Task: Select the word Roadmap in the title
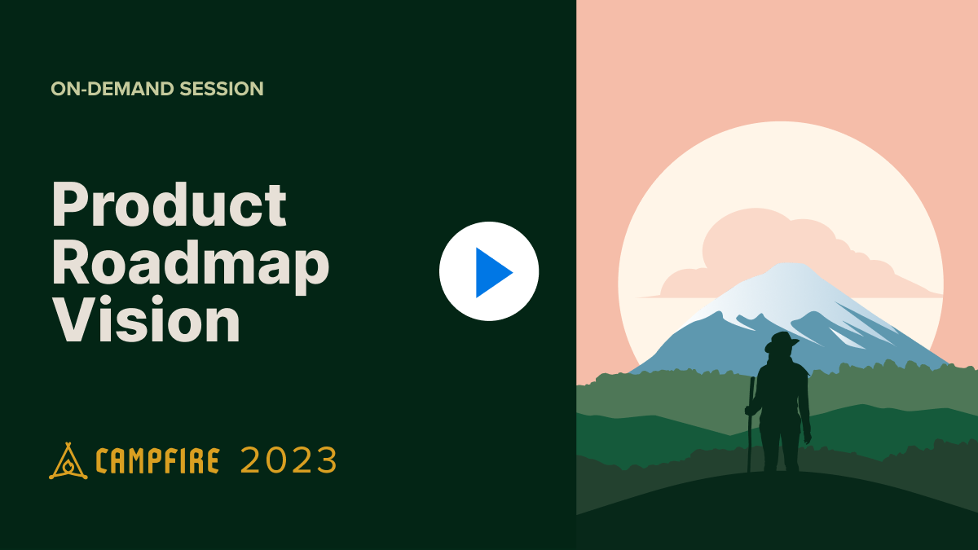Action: click(190, 262)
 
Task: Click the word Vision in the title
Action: click(147, 320)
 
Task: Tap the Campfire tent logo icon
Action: click(68, 461)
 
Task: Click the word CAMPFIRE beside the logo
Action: click(157, 462)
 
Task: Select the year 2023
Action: click(289, 461)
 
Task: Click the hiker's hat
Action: click(781, 341)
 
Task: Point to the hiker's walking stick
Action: click(750, 424)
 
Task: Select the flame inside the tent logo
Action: click(68, 467)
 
